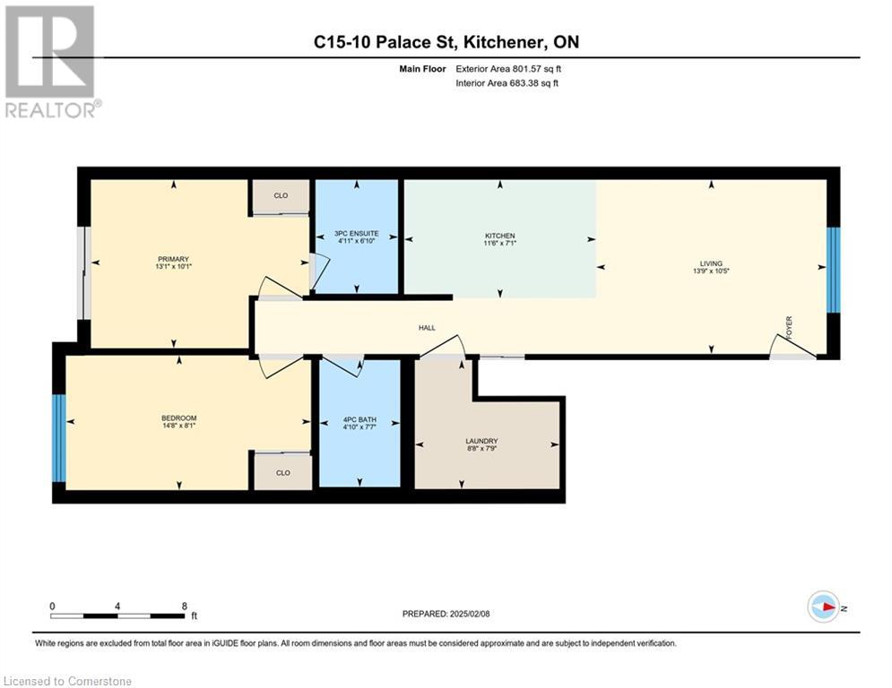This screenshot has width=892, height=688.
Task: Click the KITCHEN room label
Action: click(x=500, y=236)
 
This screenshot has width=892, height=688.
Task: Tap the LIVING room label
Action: click(x=711, y=263)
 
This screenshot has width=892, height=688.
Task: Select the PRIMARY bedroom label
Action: click(x=173, y=259)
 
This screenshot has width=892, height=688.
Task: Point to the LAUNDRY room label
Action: click(x=481, y=441)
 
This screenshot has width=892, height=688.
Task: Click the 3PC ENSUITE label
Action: click(x=357, y=233)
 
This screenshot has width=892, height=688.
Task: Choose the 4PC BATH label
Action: click(x=359, y=419)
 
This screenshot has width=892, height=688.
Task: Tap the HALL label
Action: click(x=428, y=328)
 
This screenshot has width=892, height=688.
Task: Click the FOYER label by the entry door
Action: click(x=789, y=328)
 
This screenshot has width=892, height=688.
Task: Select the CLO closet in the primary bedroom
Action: click(x=281, y=195)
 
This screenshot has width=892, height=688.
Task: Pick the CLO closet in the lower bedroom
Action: click(x=283, y=472)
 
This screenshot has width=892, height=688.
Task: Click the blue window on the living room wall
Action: click(x=833, y=270)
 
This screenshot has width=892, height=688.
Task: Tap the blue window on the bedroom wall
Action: click(x=59, y=438)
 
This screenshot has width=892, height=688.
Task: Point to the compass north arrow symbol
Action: click(x=823, y=607)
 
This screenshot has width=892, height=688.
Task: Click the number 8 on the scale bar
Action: click(x=185, y=606)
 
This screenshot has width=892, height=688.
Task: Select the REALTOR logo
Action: click(x=52, y=62)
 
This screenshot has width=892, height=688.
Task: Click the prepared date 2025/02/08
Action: click(x=470, y=614)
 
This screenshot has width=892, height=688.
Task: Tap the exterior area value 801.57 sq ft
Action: click(x=537, y=69)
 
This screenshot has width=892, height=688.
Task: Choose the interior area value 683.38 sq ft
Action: click(x=534, y=83)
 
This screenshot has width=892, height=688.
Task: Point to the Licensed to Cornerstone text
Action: click(x=67, y=681)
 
